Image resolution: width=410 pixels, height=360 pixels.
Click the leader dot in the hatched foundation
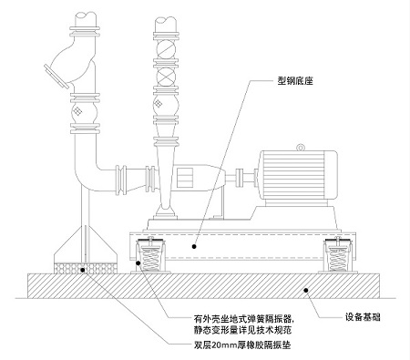[x=308, y=287]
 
